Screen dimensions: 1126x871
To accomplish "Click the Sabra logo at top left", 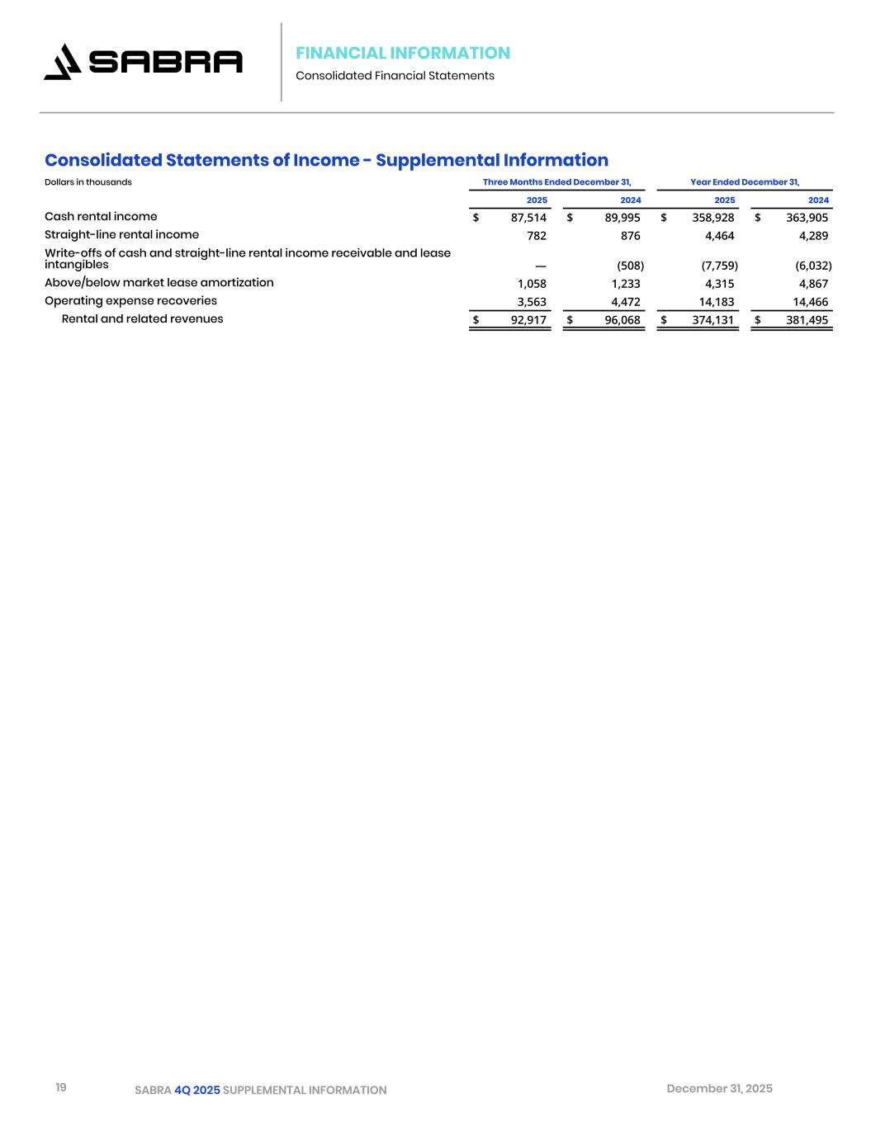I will point(143,62).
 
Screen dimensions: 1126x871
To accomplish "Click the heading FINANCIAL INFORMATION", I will point(402,53).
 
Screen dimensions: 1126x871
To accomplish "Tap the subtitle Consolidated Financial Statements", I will point(395,76).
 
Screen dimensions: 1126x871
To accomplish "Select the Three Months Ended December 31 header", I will point(556,182).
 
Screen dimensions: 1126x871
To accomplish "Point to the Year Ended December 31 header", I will point(744,182).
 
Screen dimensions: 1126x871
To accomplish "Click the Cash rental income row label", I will point(101,216).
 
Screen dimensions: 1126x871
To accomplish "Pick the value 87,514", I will point(528,218).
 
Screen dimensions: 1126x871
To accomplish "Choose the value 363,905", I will point(807,218).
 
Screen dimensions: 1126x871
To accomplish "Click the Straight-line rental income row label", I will point(121,234).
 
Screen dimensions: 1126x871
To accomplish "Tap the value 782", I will point(536,236).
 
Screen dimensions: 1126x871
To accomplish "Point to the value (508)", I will point(630,266).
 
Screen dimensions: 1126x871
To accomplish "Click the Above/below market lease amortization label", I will point(159,282).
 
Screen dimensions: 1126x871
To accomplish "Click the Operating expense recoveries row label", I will point(130,300).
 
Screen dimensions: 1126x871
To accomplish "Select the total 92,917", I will point(528,320).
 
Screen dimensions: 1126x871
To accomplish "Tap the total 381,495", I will point(807,320).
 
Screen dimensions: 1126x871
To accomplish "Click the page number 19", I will point(61,1087).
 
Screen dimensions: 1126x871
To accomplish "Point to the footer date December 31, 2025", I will point(719,1088).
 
